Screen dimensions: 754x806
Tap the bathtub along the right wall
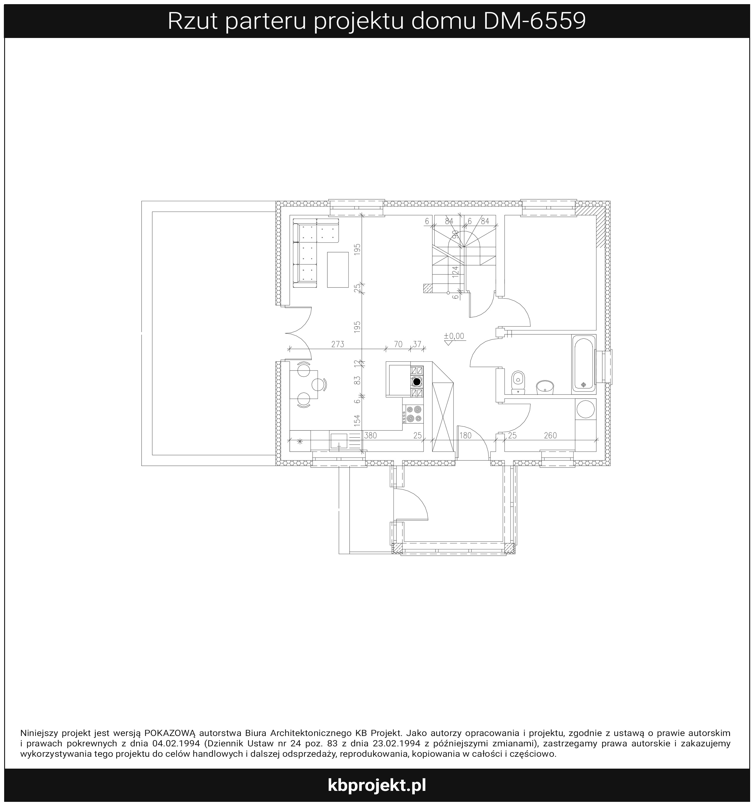click(x=584, y=363)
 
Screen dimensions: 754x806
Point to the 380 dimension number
click(x=371, y=435)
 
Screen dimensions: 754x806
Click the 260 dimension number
click(x=550, y=435)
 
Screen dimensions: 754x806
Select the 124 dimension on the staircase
click(x=456, y=271)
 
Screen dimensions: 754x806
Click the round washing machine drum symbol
click(x=585, y=409)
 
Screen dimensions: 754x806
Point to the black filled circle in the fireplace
click(x=417, y=381)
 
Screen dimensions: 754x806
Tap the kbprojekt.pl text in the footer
click(x=377, y=785)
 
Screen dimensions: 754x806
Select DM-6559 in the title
click(x=534, y=21)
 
